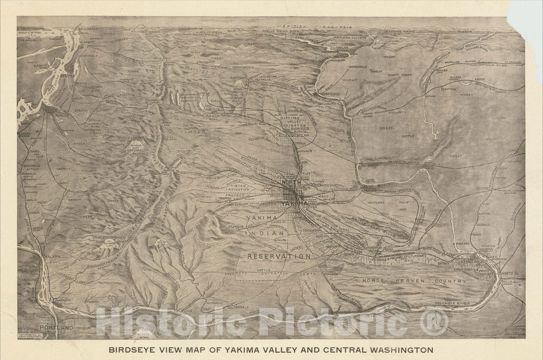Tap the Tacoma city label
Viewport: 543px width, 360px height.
tap(51, 109)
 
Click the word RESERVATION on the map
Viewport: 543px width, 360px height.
tap(278, 256)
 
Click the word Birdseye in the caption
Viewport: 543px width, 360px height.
tap(133, 348)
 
